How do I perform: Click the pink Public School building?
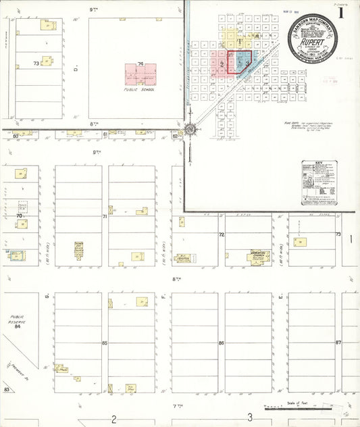click(x=140, y=73)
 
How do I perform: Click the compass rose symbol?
click(x=190, y=130)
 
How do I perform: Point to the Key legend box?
click(x=319, y=182)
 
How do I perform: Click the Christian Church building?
click(x=258, y=256)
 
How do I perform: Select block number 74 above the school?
click(x=140, y=64)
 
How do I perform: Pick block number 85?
click(x=105, y=343)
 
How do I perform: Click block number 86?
click(x=221, y=343)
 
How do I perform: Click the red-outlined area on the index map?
click(x=239, y=61)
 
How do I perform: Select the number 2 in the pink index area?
click(x=222, y=64)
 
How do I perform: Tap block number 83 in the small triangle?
click(x=7, y=390)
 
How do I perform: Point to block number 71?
click(x=105, y=217)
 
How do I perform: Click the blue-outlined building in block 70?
click(x=15, y=255)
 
